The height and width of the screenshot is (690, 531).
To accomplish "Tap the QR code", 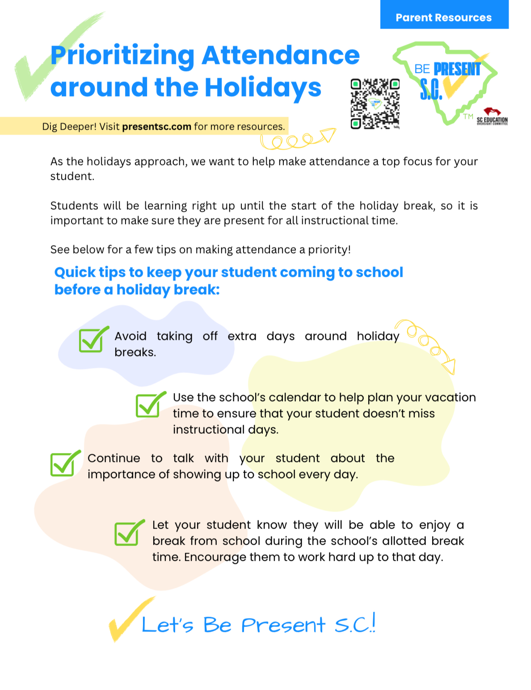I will click(375, 104).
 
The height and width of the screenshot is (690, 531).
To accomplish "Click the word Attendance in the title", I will click(280, 55).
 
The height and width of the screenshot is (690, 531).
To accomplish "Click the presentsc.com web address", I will click(156, 127).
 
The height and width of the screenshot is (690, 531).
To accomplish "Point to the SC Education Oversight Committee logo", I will click(492, 117).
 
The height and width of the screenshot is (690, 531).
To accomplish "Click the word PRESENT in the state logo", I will click(457, 69).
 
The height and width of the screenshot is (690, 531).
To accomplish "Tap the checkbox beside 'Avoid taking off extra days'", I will click(93, 340).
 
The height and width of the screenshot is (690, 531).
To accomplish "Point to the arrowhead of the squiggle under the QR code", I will click(328, 135).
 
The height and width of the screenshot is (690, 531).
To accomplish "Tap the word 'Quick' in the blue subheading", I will click(75, 272).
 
